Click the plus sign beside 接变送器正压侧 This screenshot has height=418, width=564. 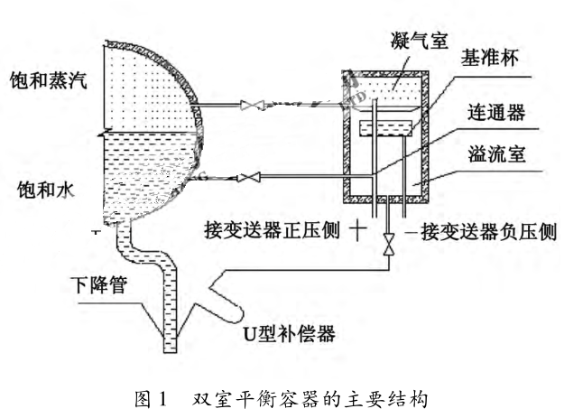pyautogui.click(x=359, y=230)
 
